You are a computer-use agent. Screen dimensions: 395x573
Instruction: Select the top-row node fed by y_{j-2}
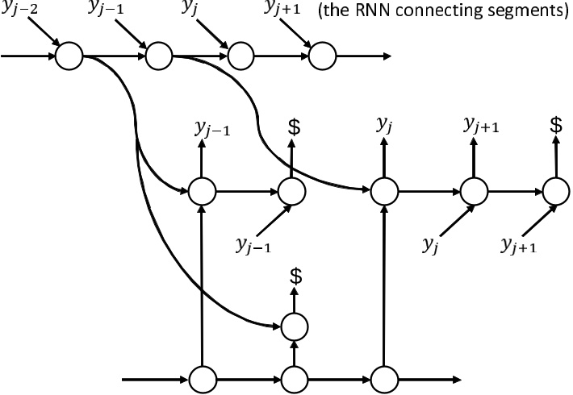(x=70, y=56)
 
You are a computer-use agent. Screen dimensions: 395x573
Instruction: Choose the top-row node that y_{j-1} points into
(x=159, y=56)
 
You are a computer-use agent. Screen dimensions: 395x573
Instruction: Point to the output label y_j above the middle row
(x=384, y=124)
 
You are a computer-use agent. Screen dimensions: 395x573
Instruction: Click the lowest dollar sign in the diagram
(x=295, y=276)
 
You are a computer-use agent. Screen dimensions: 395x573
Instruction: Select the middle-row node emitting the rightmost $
(x=555, y=191)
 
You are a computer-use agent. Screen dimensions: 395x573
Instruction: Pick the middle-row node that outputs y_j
(x=383, y=191)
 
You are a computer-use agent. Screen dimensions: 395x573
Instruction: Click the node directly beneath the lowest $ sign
(x=295, y=325)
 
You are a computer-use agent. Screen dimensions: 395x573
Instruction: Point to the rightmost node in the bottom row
(x=383, y=378)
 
